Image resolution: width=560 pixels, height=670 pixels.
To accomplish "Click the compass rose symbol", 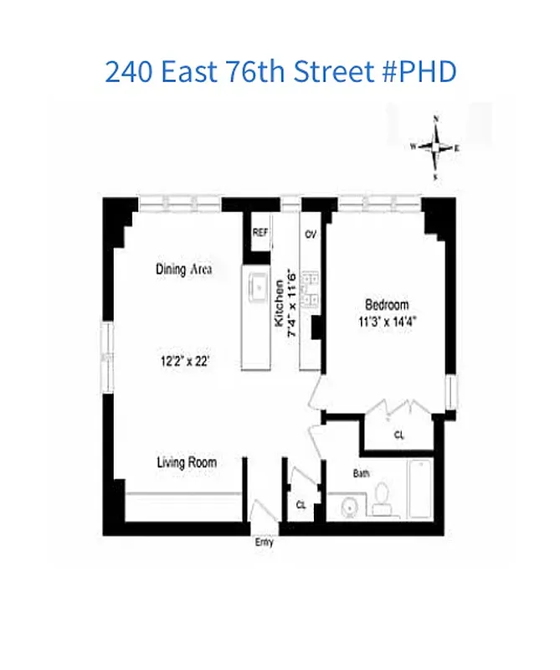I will (435, 147).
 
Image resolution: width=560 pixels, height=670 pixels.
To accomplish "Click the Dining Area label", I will (183, 270).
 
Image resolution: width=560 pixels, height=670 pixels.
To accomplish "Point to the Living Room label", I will (187, 462).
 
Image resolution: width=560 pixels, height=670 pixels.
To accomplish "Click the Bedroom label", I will (387, 305).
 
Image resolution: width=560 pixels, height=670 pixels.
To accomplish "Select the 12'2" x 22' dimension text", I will (184, 362).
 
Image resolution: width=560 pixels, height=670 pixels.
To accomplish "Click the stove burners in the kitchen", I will (310, 289).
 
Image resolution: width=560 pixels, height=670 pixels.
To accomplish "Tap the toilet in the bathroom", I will (382, 496).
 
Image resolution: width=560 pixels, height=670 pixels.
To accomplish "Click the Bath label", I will (361, 473).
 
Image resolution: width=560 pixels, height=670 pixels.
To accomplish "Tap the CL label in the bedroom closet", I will (399, 435).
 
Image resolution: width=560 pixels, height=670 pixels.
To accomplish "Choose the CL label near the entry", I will (301, 504).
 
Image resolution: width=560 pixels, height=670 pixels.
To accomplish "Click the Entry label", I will (264, 542).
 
